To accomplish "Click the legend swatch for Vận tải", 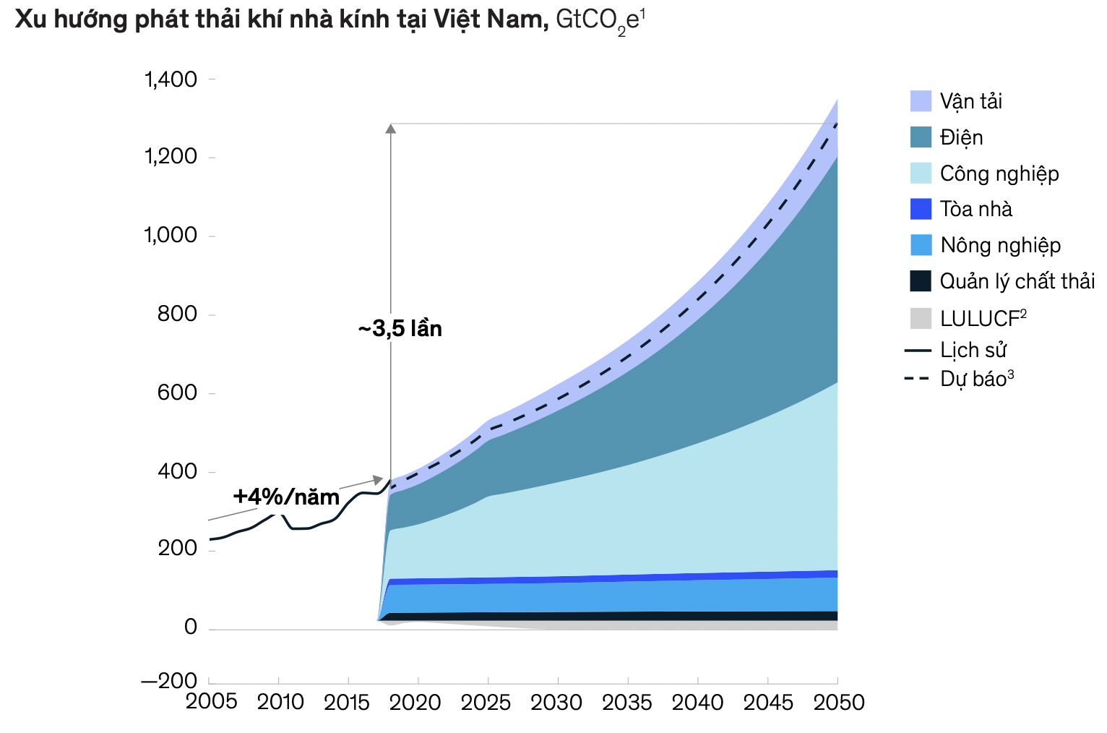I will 921,101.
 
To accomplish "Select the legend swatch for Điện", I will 921,137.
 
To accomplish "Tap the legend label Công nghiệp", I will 999,173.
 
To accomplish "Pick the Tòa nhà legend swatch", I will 921,209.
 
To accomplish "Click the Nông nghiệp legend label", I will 1000,245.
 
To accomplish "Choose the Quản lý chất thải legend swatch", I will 921,281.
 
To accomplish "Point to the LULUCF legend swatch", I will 921,318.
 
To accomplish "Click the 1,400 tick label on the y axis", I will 171,79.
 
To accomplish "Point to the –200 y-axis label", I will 169,681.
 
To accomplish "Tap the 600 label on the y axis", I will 178,393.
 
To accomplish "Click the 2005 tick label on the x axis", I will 211,702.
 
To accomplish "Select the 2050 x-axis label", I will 838,702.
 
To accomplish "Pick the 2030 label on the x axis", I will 556,702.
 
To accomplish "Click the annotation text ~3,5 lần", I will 400,329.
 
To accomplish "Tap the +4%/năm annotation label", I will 286,497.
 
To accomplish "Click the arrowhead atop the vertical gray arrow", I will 390,129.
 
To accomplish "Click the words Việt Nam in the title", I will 489,20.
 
